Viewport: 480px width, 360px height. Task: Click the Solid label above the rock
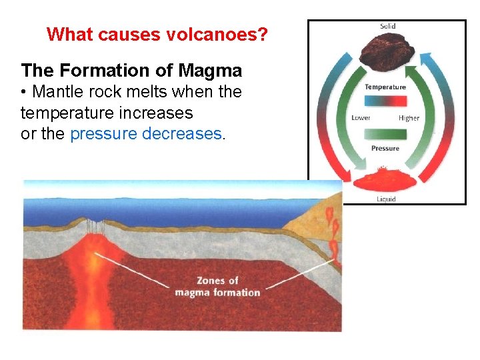click(387, 27)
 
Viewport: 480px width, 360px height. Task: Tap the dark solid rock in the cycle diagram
click(387, 53)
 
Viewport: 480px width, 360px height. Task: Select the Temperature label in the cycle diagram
click(385, 87)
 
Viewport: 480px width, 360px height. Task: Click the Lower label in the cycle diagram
click(361, 118)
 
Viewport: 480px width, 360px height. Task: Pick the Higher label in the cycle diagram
click(409, 118)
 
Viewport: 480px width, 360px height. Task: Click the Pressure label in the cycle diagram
click(385, 148)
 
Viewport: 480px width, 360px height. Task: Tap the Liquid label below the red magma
click(386, 199)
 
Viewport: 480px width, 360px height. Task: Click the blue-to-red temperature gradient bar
click(385, 101)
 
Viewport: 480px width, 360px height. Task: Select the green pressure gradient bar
click(385, 133)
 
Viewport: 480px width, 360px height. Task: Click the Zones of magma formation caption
click(217, 286)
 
